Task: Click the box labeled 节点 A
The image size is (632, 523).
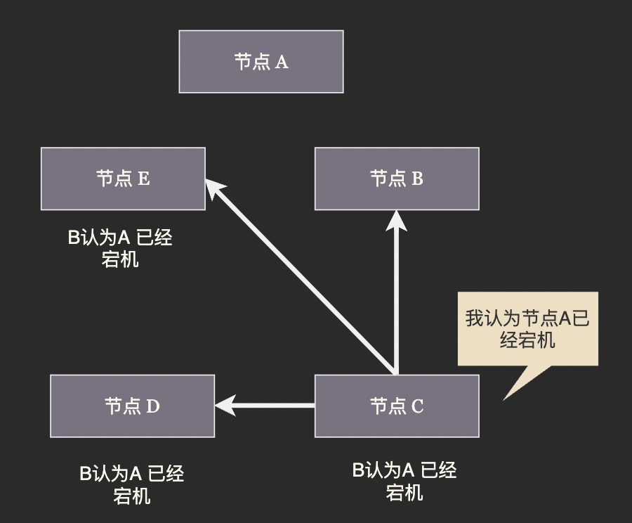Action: tap(261, 62)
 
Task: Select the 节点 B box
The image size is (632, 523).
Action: tap(397, 179)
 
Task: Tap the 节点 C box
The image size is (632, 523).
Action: tap(397, 406)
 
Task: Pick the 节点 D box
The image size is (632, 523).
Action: tap(133, 406)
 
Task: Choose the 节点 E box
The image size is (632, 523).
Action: tap(123, 179)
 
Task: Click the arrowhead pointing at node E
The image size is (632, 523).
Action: tap(215, 188)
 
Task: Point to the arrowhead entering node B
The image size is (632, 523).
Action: tap(397, 219)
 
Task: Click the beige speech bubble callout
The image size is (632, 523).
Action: tap(527, 328)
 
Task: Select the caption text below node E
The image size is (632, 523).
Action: tap(120, 248)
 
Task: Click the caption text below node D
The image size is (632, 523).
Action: tap(132, 484)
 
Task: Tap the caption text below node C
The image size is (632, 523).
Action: tap(404, 481)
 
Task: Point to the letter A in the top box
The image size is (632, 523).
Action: tap(281, 63)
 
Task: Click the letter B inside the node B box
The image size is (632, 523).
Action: tap(417, 179)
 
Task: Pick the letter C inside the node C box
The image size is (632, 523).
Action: tap(417, 407)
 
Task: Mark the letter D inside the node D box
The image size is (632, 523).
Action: tap(153, 407)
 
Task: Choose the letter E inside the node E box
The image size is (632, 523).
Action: tap(143, 179)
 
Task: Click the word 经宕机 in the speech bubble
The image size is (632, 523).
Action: tap(527, 340)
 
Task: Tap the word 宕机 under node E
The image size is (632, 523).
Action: tap(120, 259)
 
